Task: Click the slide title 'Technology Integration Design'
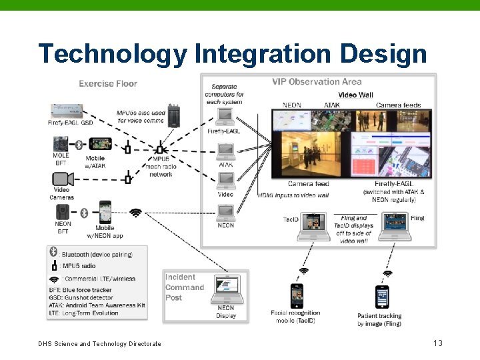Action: coord(232,53)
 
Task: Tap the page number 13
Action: coord(437,343)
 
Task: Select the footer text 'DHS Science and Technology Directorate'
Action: coord(99,344)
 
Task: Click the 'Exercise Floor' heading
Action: coord(108,83)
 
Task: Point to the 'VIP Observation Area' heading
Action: coord(317,82)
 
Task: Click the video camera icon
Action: coord(62,179)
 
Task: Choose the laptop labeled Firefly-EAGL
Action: coord(225,117)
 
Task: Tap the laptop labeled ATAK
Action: coord(226,150)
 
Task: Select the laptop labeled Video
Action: coord(226,181)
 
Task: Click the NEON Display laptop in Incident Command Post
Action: coord(226,288)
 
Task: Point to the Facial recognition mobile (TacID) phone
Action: coord(297,295)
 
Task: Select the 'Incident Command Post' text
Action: coord(184,287)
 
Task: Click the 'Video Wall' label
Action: coord(355,95)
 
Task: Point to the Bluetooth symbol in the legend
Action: coord(54,253)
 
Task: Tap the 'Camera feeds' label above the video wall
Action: coord(398,105)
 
